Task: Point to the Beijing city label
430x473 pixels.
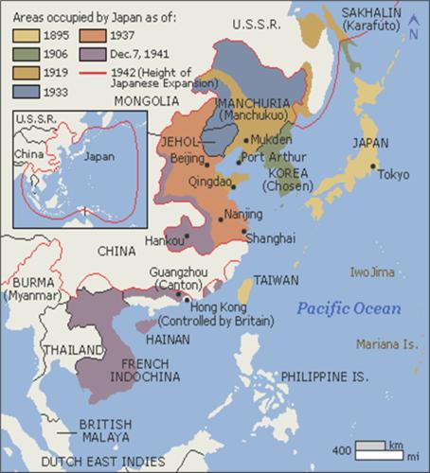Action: [188, 158]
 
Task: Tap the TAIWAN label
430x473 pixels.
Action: [277, 281]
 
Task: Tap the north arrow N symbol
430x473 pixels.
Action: [415, 31]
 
